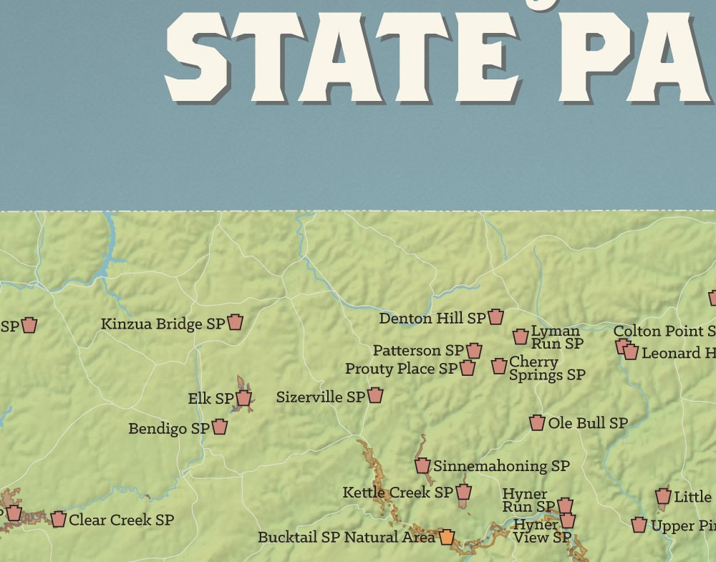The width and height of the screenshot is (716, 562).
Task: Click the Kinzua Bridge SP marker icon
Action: coord(235,322)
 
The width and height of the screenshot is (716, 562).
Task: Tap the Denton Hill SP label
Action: coord(432,318)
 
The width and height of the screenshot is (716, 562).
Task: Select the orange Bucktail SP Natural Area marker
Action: coord(447,536)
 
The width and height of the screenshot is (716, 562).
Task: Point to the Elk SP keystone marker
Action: coord(243,398)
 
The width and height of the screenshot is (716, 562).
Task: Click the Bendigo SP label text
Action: coord(168,428)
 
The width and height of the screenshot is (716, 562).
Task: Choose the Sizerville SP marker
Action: coord(375,395)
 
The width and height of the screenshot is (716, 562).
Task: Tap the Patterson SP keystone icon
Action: coord(474,350)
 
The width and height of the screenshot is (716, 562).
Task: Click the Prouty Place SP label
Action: coord(400,369)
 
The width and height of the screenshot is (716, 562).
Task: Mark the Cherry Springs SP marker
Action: coord(499,366)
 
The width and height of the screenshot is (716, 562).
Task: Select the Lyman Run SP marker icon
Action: coord(521,336)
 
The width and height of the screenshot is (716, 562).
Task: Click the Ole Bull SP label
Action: coord(588,423)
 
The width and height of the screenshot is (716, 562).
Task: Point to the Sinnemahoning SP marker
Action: coord(422,465)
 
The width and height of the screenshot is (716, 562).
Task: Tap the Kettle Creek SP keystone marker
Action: coord(464,492)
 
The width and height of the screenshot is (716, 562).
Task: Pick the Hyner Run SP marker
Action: coord(565,505)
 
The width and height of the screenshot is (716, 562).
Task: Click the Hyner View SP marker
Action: coord(568,520)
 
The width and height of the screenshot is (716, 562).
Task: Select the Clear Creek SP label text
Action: coord(121,520)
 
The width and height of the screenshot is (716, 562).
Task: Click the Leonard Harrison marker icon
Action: coord(630,352)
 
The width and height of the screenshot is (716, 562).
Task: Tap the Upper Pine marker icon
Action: coord(639,525)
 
